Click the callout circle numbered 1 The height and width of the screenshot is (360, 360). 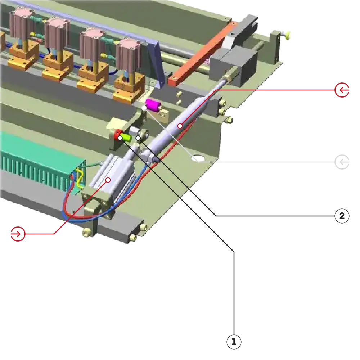pos(234,342)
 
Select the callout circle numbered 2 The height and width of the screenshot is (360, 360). pos(342,216)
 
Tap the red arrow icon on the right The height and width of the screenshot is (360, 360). pos(342,90)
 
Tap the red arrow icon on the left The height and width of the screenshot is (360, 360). pos(18,234)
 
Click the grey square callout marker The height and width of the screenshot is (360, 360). pos(342,161)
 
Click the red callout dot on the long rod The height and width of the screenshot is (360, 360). pos(180,126)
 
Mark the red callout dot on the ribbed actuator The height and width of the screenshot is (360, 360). pos(108,179)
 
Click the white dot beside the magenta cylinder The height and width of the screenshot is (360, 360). pos(144,108)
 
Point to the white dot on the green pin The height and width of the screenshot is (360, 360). pos(120,138)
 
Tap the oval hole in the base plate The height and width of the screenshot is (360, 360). pos(197,158)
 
